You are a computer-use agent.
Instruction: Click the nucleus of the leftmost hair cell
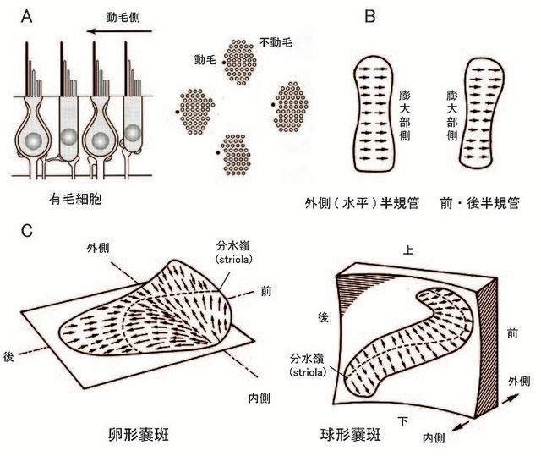[31, 140]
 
